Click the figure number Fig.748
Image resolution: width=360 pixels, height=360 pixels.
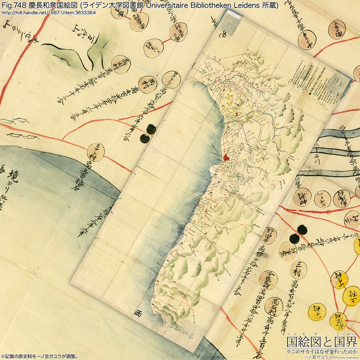coord(13,5)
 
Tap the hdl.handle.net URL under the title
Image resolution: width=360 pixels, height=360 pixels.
coord(48,12)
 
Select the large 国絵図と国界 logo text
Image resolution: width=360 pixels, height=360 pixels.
coord(322,342)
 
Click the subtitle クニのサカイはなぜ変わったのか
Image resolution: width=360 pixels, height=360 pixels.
coord(322,351)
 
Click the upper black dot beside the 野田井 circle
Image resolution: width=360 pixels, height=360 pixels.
coord(301,229)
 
